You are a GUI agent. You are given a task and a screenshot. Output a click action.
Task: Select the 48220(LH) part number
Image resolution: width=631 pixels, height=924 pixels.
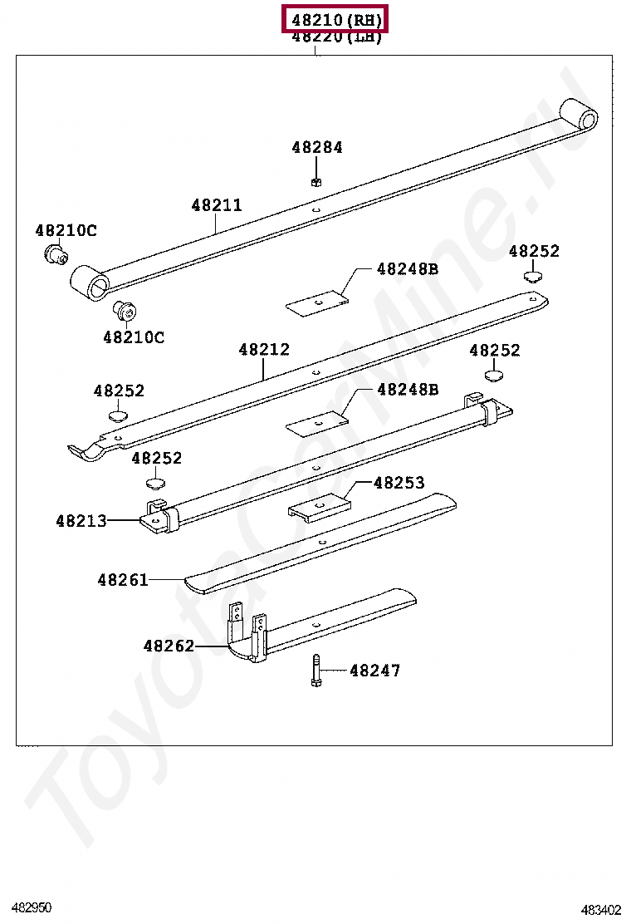[336, 37]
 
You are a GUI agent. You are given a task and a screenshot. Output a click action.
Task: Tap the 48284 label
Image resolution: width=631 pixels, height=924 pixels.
[316, 147]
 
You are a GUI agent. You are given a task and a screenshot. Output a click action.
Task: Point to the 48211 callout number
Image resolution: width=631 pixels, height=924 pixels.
[217, 204]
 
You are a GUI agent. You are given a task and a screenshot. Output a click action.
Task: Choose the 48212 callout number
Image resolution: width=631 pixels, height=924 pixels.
[264, 349]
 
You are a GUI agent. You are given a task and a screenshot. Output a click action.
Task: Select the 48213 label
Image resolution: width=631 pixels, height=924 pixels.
[81, 521]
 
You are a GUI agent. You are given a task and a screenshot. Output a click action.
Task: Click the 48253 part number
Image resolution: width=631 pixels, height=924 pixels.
[399, 483]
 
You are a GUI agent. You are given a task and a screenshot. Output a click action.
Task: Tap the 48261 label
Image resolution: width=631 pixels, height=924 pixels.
[122, 580]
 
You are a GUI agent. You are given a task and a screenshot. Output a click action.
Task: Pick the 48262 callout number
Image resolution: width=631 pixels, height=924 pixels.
[169, 646]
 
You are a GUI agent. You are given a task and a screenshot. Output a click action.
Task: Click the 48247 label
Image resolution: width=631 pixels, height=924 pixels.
[374, 670]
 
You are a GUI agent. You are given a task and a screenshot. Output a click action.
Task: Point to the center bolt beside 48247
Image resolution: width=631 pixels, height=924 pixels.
[316, 671]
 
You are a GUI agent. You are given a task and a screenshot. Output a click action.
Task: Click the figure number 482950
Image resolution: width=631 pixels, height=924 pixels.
[32, 907]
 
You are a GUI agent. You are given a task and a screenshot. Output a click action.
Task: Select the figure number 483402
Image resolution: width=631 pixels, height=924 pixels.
[600, 910]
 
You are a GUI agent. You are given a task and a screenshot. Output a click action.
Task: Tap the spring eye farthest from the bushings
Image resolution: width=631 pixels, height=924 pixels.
[580, 116]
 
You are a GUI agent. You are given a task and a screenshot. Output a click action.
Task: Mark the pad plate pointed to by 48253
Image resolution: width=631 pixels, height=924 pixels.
[320, 508]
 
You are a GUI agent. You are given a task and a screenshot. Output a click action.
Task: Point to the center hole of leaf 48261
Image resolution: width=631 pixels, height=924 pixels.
[320, 540]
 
